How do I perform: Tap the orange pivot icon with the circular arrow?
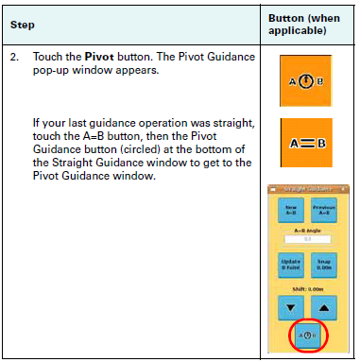click(x=307, y=78)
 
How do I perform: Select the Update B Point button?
click(x=291, y=266)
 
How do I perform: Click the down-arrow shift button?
click(x=291, y=307)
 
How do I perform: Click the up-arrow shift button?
click(x=324, y=307)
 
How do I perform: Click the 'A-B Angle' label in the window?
click(x=307, y=230)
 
